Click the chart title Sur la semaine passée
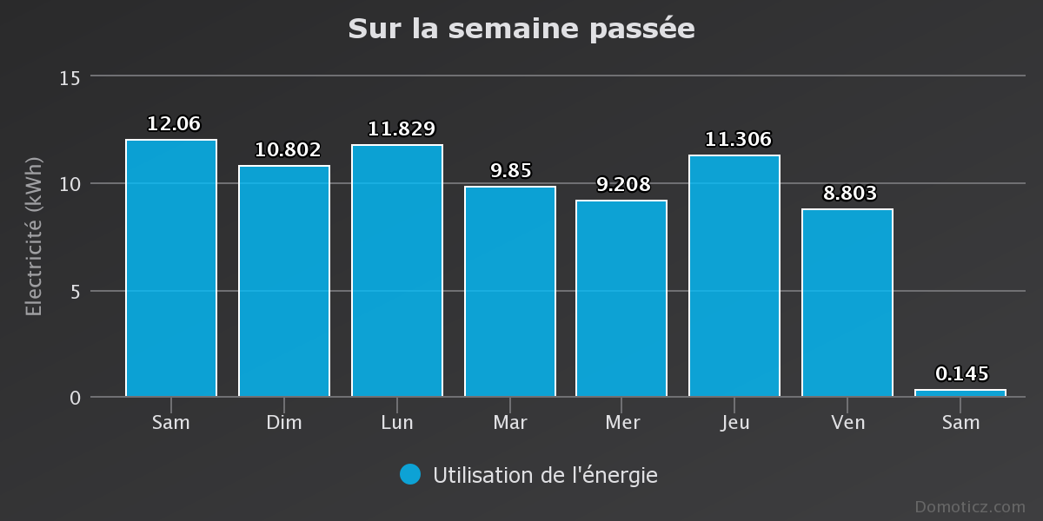coord(521,29)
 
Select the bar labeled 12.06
coord(171,268)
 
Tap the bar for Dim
coord(284,281)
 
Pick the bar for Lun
coord(397,271)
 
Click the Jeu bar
coord(734,276)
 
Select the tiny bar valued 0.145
coord(960,393)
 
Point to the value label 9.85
coord(510,170)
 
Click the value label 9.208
coord(623,184)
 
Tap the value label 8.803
coord(849,193)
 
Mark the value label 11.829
coord(401,129)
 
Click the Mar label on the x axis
coord(510,423)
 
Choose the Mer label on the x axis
coord(622,423)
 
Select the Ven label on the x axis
coord(847,423)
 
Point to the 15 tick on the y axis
coord(70,78)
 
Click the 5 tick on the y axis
coord(75,292)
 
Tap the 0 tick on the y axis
coord(75,398)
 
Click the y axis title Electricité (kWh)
coord(34,236)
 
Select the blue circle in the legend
coord(410,474)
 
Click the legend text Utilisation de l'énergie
coord(545,475)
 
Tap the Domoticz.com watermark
coord(970,506)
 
